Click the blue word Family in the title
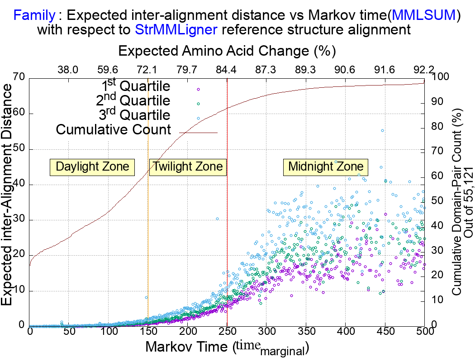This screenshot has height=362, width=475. (35, 16)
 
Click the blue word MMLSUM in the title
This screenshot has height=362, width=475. (426, 16)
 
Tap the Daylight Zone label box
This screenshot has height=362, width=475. (92, 167)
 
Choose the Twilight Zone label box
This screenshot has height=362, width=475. (187, 167)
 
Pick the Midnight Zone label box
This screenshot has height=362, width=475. (326, 167)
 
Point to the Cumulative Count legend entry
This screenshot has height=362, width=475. (113, 130)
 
